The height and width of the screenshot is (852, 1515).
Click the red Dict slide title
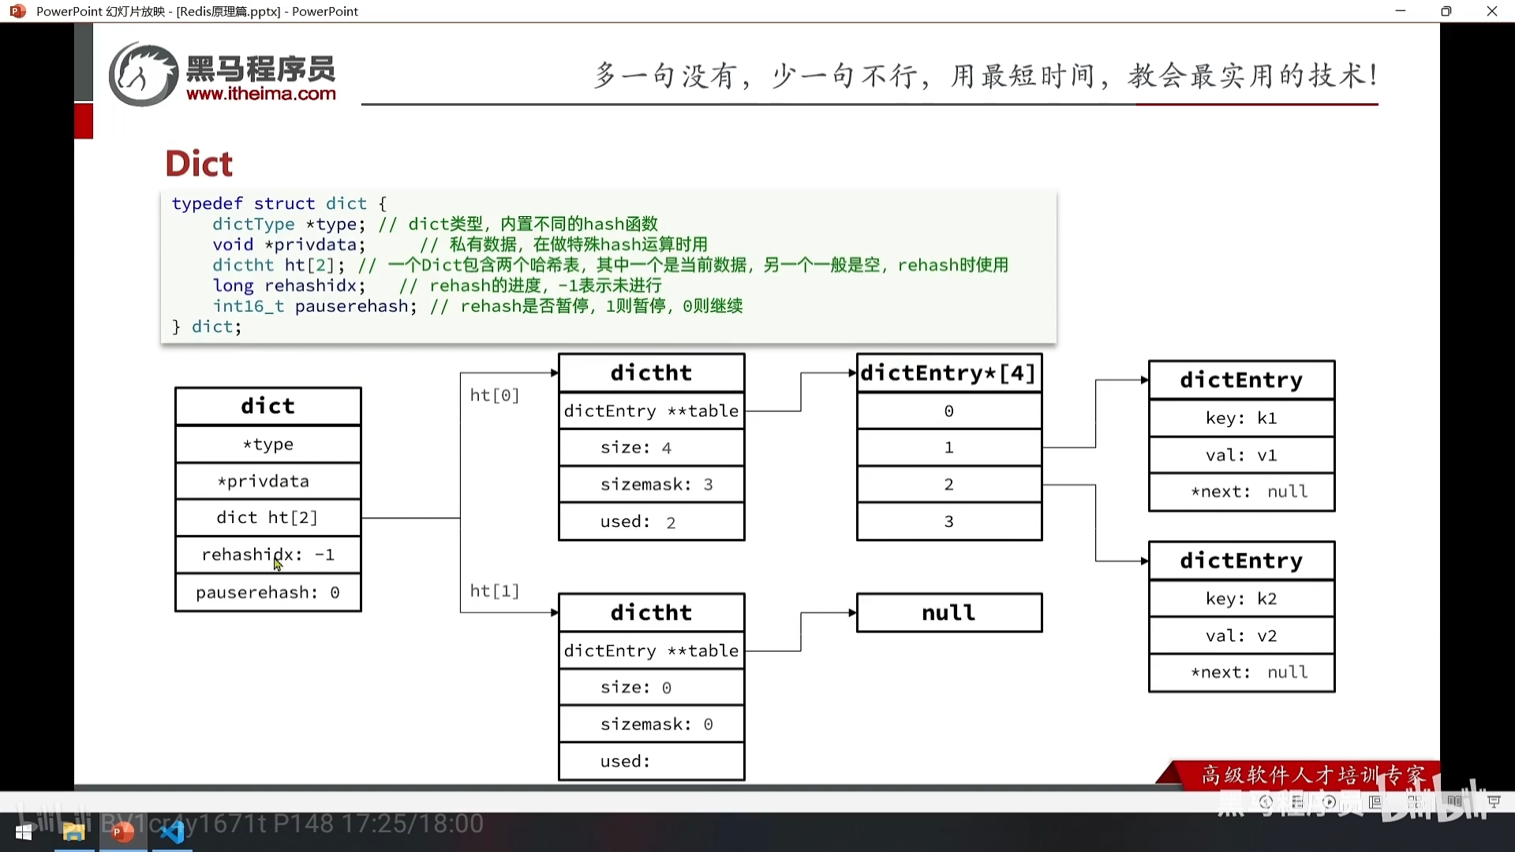point(199,163)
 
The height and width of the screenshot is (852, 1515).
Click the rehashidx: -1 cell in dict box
point(268,555)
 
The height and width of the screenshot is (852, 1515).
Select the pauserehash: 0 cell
point(268,592)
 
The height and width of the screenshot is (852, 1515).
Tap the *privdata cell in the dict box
point(268,481)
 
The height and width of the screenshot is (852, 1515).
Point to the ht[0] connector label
point(495,395)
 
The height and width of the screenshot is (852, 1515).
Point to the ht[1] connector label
point(495,591)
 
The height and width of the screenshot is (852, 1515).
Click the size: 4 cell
point(651,447)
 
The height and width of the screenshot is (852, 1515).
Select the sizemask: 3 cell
point(651,484)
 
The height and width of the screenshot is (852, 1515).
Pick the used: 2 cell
point(651,521)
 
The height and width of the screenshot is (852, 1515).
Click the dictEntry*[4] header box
point(948,373)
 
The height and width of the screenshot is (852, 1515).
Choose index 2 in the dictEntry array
point(948,484)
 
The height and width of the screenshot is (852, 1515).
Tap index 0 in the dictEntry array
point(948,411)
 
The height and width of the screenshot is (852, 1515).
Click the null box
point(948,613)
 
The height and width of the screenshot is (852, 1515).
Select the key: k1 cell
point(1241,418)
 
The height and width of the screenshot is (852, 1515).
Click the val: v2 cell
point(1241,636)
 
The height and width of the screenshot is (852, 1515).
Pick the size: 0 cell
point(651,687)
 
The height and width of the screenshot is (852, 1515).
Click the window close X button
point(1491,11)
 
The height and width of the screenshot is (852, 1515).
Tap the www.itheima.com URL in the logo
point(261,94)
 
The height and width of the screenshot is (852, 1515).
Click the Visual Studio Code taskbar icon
point(172,831)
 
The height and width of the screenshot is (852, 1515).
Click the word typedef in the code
point(207,204)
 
